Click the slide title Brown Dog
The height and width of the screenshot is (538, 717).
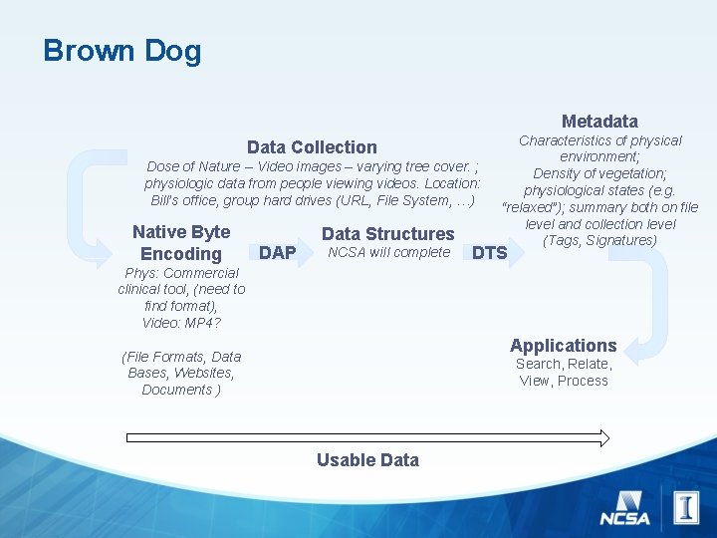point(121,51)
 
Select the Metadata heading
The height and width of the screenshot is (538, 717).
point(599,122)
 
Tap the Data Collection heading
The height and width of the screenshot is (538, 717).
point(312,147)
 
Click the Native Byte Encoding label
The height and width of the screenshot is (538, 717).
point(181,243)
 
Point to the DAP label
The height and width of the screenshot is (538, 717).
point(277,253)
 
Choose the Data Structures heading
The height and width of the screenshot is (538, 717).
point(387,234)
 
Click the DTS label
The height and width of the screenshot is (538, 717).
point(489,253)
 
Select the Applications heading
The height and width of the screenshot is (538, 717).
point(563,346)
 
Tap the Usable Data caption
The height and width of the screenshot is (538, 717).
point(367,460)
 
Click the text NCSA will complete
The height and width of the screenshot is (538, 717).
point(388,253)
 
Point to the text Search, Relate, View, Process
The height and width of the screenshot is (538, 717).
point(563,373)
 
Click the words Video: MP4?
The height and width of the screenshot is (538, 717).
point(181,322)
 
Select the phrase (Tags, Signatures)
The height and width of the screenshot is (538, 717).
point(599,241)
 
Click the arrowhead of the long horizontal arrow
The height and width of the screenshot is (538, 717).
point(602,437)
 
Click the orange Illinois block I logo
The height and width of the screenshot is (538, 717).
point(686,507)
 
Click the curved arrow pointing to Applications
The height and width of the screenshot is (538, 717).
point(657,294)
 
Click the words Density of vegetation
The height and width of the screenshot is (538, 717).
point(599,173)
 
